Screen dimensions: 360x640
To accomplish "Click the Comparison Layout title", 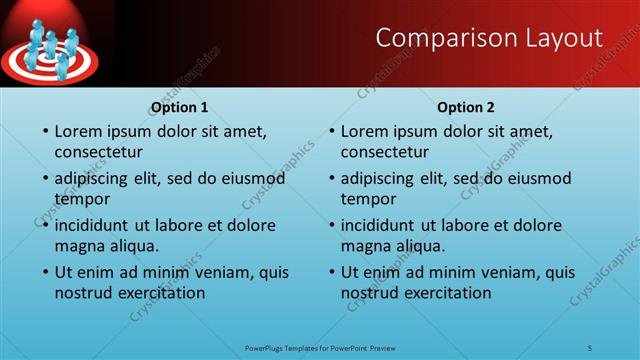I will pos(489,38).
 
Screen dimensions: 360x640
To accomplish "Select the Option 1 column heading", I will pos(179,107).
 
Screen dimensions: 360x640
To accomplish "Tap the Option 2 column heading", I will pos(466,107).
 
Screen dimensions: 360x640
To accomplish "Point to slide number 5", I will pos(590,347).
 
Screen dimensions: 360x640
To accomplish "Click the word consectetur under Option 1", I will pos(98,152).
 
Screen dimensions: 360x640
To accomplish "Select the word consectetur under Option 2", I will pos(384,152).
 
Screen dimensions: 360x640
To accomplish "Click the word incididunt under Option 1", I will pos(97,225).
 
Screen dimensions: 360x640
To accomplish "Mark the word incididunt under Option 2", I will pos(383,225).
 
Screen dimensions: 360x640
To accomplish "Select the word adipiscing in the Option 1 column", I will pos(97,179).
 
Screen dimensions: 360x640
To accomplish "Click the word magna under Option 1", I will pos(80,246).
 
